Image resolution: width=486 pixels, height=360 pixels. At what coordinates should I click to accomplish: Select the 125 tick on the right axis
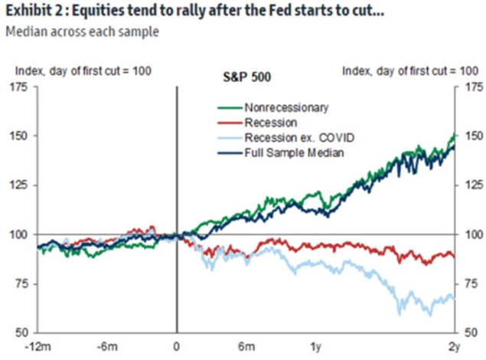coord(471,185)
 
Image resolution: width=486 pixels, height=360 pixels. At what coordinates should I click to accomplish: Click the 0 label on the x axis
coord(177,346)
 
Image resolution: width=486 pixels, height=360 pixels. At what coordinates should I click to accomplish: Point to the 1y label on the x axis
coord(316,346)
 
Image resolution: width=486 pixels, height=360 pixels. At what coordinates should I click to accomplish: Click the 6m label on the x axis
coord(246,346)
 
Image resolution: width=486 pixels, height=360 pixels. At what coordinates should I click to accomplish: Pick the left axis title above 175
coord(83,70)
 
